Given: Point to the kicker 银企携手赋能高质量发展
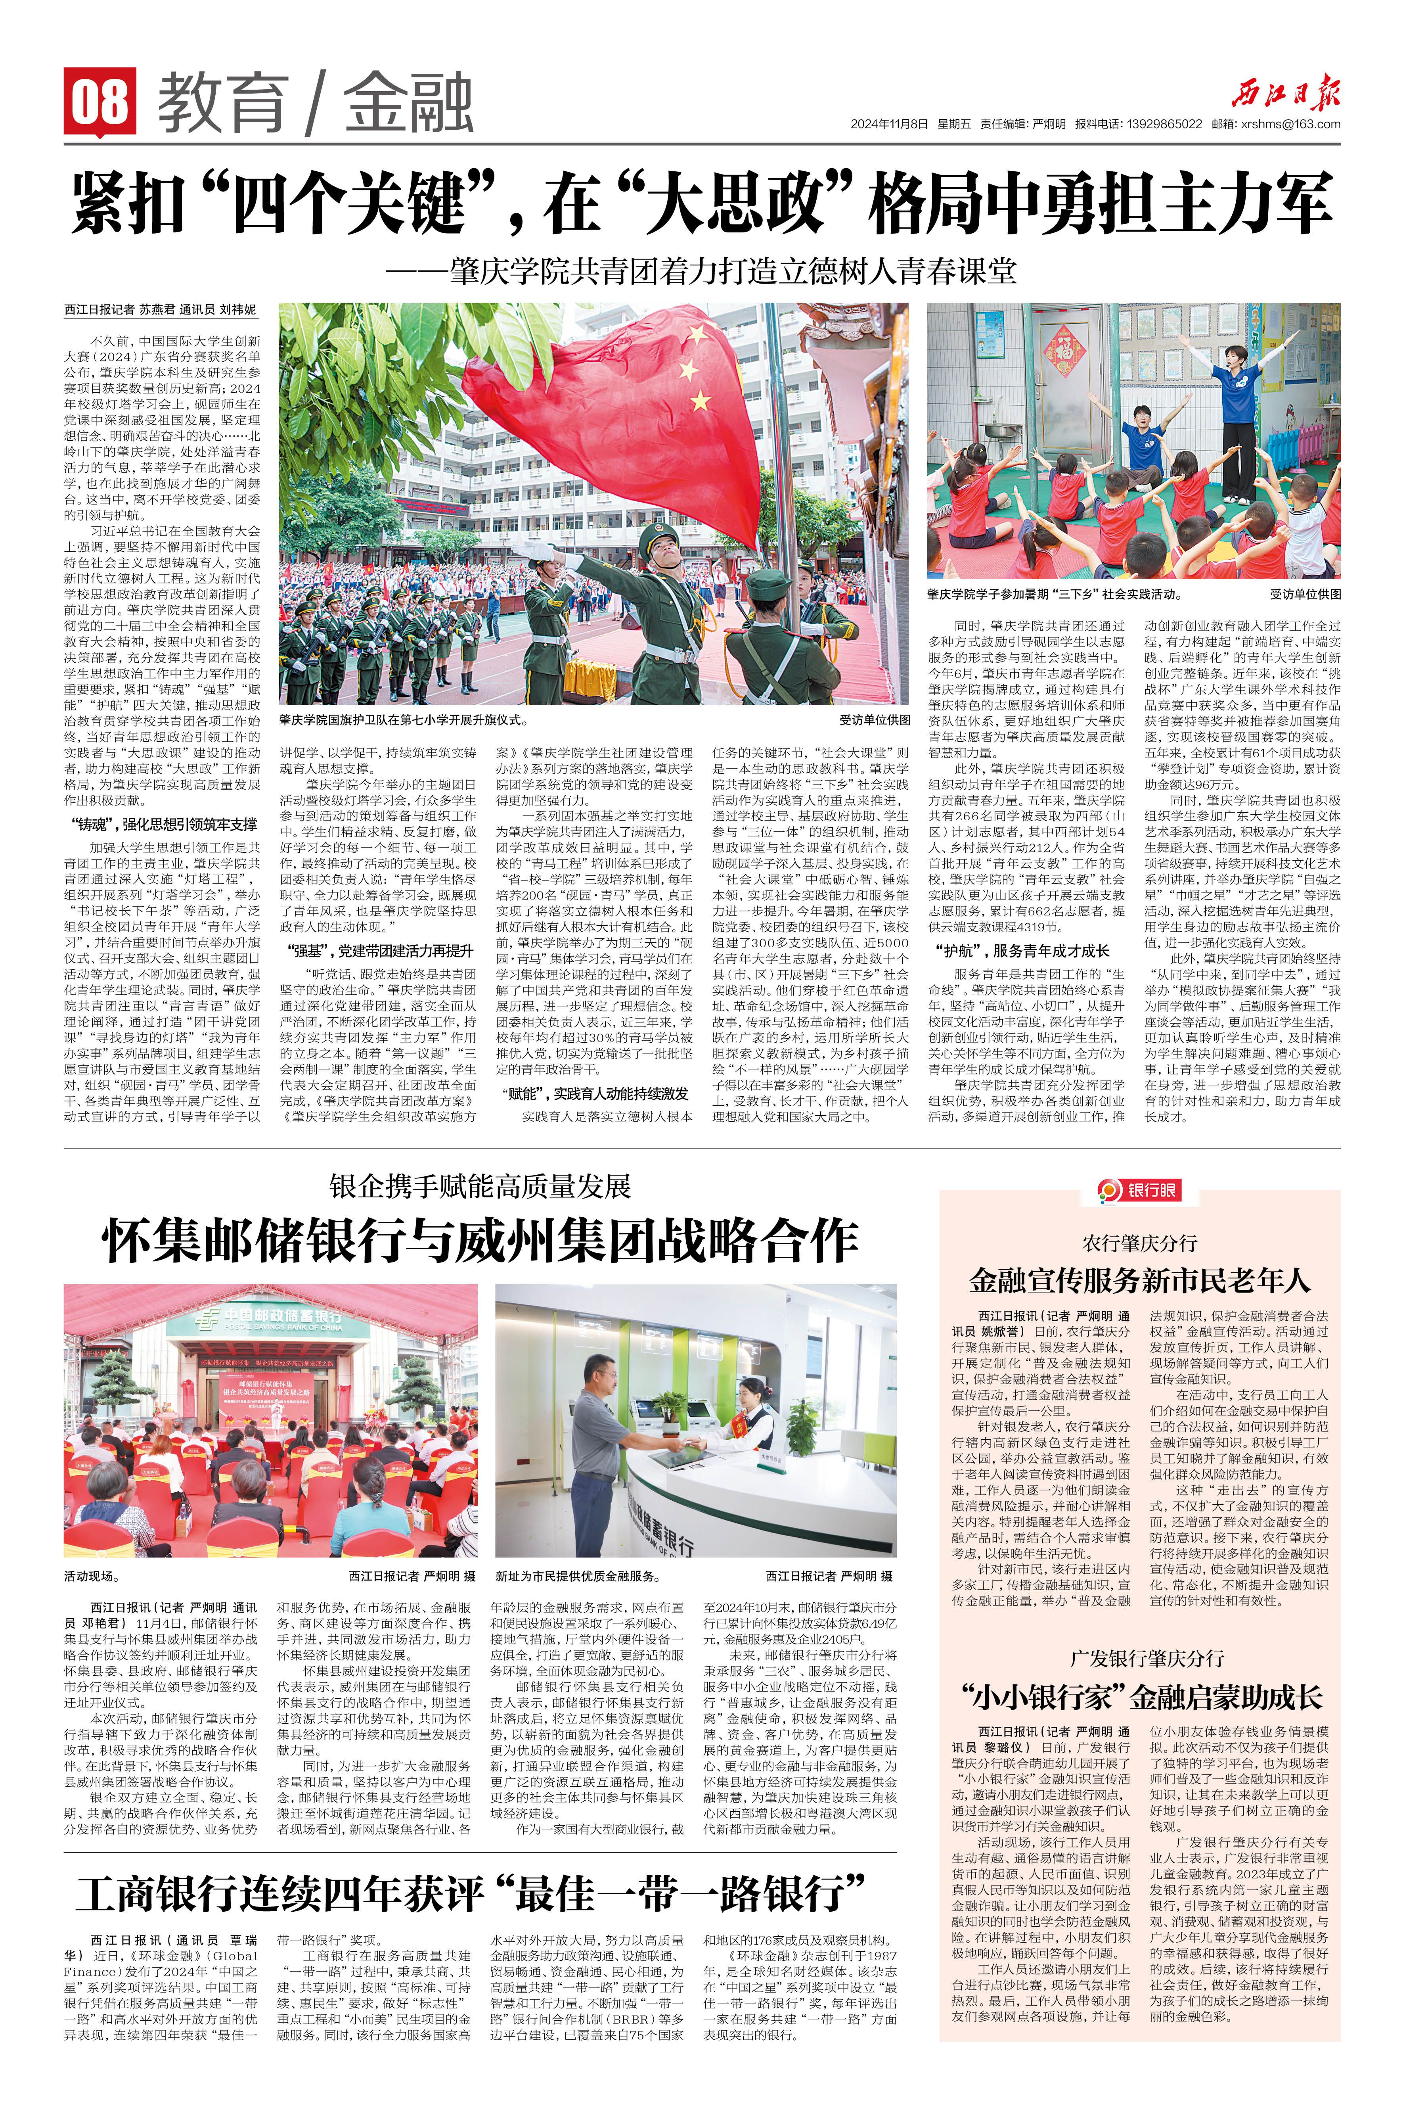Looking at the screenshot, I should [480, 1186].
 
